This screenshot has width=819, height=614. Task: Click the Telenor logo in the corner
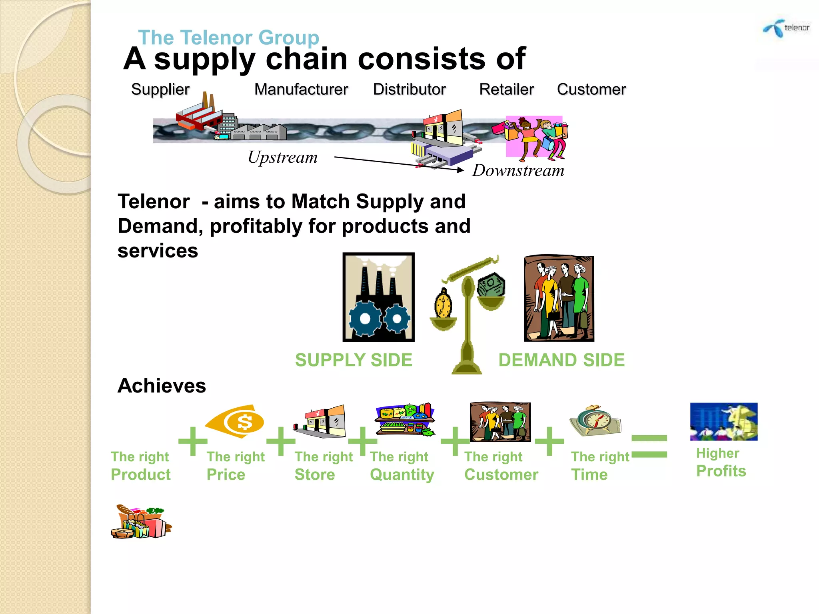coord(786,28)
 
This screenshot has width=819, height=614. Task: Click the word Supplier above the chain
coord(160,90)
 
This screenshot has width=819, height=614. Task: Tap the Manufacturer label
coord(301,90)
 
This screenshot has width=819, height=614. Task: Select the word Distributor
coord(409,90)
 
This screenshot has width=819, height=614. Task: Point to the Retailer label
coord(506,90)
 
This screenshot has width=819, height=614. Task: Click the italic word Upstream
coord(283,157)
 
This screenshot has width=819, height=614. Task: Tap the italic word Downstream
coord(518,171)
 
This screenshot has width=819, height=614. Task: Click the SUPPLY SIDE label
coord(354,360)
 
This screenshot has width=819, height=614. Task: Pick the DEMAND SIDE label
coord(561,360)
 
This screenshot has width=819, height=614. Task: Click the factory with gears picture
coord(378,297)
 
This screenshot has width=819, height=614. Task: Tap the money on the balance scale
coord(491,285)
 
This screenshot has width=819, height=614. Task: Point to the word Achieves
coord(162,386)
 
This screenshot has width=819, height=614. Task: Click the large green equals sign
coord(649,446)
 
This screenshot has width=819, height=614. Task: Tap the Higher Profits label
coord(721,462)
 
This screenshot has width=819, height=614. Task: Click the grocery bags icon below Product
coord(141,522)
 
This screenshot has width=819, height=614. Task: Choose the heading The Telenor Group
coord(228,38)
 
